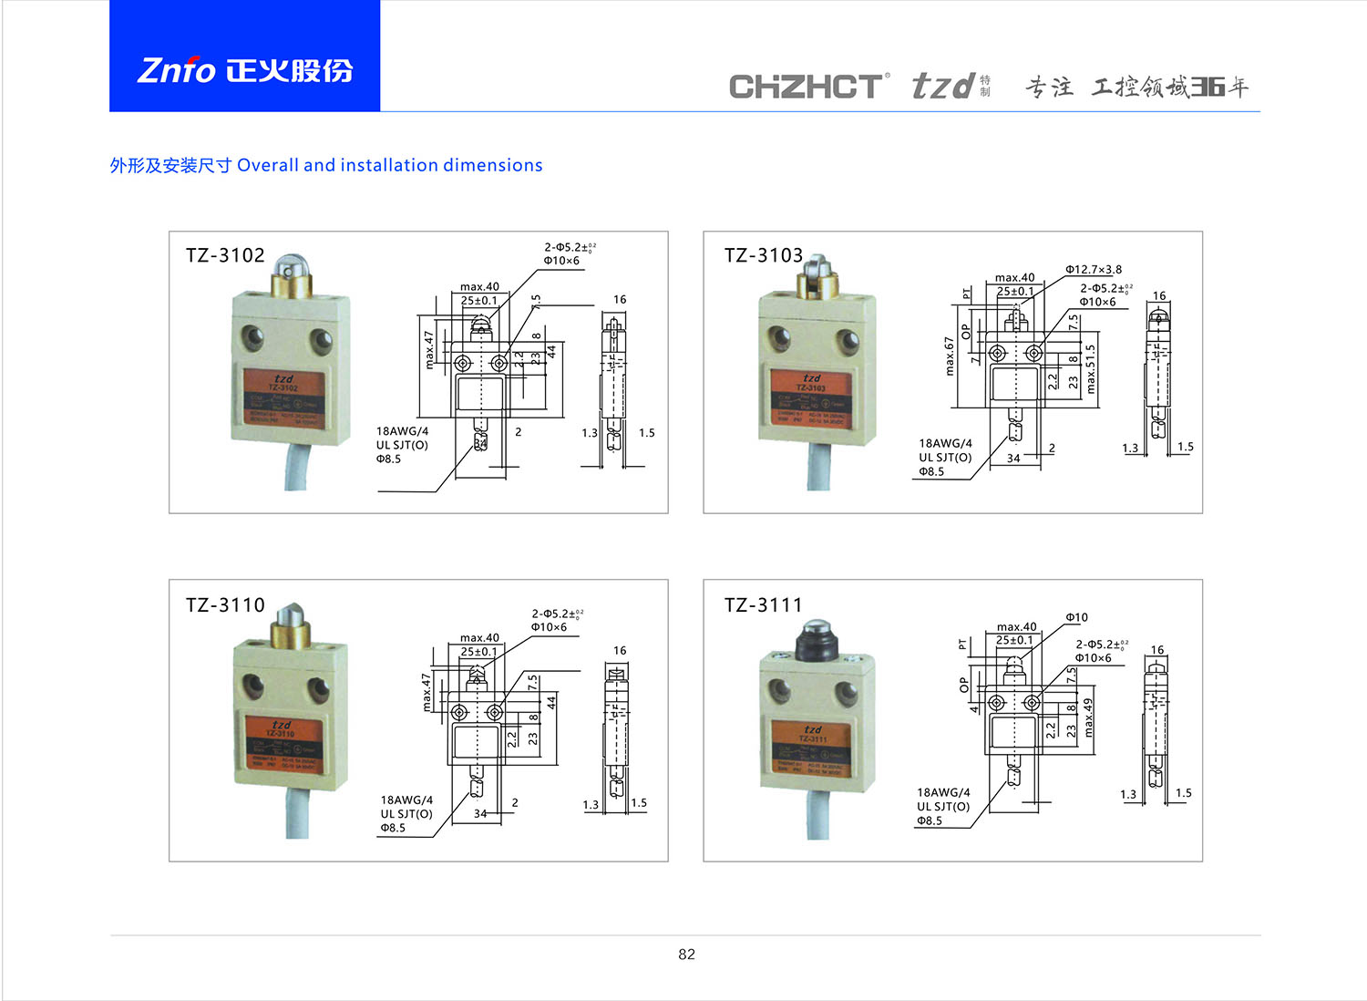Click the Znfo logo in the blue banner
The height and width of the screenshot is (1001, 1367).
click(x=244, y=70)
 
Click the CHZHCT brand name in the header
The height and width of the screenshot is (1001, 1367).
click(x=806, y=87)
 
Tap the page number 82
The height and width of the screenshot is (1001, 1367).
click(x=686, y=955)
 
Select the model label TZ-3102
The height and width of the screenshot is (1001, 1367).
click(x=225, y=255)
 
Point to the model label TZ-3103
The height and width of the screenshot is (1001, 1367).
click(x=764, y=255)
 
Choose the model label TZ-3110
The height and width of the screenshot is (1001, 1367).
click(x=225, y=605)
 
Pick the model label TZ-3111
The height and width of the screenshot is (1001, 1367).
click(x=764, y=605)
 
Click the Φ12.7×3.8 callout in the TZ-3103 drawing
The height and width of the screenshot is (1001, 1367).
click(x=1094, y=270)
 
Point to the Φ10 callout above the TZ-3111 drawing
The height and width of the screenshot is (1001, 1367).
click(x=1076, y=617)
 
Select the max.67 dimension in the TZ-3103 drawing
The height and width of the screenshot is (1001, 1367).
click(x=949, y=356)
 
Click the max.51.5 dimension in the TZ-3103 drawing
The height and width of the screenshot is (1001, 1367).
click(x=1091, y=362)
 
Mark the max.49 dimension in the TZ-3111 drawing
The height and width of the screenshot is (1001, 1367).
click(x=1088, y=717)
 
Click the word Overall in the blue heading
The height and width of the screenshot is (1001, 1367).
click(x=268, y=165)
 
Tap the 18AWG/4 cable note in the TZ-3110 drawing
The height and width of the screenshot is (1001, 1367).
click(x=406, y=800)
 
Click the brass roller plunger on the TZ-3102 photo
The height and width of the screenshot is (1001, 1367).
click(x=292, y=275)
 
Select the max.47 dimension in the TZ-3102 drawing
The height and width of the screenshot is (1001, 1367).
click(x=429, y=349)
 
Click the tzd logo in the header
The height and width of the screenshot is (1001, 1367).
click(x=944, y=87)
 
